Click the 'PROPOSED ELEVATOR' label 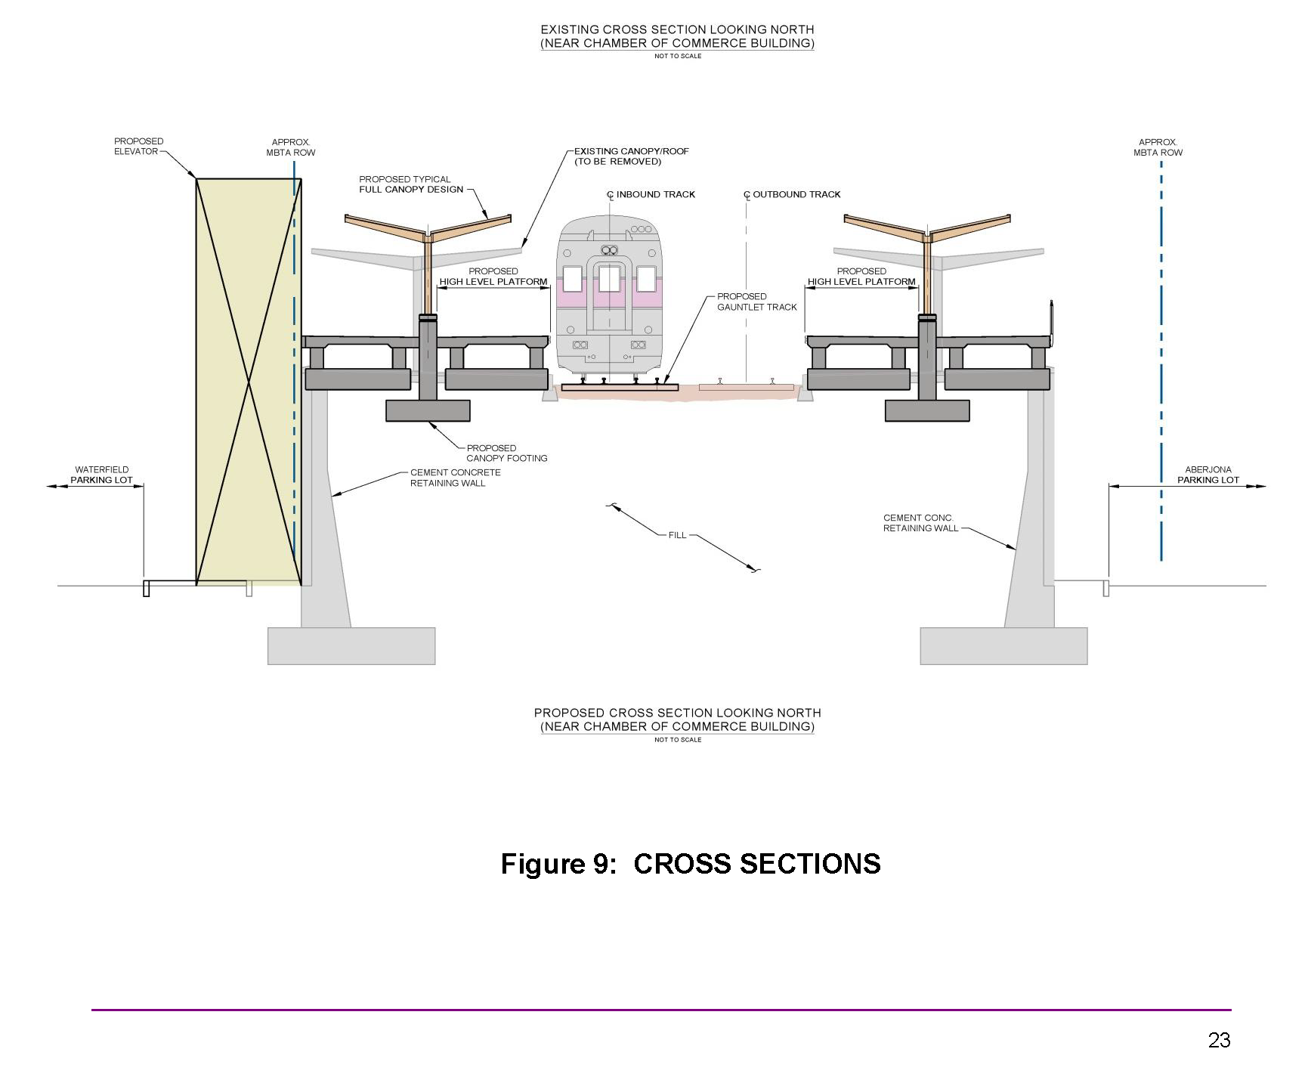138,147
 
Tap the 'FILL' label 677,535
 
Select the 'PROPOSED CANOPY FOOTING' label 506,453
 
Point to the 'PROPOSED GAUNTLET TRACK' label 756,302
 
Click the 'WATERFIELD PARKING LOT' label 101,475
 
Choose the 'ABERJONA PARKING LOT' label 1208,475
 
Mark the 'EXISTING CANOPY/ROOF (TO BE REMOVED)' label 631,156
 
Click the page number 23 1219,1041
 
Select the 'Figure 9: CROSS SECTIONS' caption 691,864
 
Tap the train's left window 572,279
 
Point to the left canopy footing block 428,410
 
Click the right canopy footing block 927,410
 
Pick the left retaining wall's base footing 351,646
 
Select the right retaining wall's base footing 1003,646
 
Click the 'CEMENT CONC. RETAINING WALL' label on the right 920,523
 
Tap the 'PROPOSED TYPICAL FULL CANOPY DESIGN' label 411,184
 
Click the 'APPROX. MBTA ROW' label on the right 1158,147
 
